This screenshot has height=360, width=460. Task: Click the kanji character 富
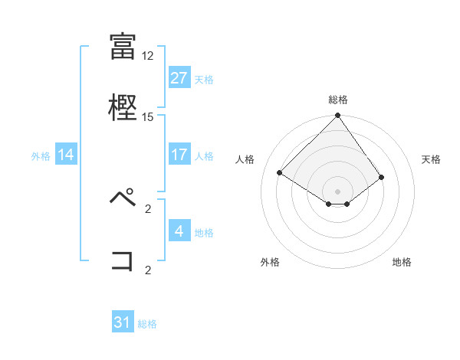(x=123, y=47)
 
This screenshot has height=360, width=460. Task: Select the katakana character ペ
(x=123, y=198)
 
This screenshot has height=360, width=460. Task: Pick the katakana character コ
(x=123, y=260)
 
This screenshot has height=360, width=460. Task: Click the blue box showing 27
(x=179, y=78)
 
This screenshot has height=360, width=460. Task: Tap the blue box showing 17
(x=179, y=155)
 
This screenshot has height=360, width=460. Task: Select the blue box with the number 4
(x=179, y=231)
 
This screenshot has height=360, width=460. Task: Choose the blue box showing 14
(x=66, y=155)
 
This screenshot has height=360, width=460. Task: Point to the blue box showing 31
(x=123, y=323)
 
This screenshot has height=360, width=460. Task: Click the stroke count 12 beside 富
(x=148, y=56)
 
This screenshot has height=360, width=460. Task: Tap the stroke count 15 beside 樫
(x=148, y=117)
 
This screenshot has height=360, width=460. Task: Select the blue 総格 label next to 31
(x=147, y=324)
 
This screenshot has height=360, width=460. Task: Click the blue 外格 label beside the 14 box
(x=41, y=155)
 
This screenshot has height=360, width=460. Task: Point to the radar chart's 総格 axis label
(x=338, y=100)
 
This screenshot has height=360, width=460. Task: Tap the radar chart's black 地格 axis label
(x=402, y=263)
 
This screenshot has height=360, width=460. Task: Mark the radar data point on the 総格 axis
(x=338, y=116)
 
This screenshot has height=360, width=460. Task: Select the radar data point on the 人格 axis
(x=280, y=172)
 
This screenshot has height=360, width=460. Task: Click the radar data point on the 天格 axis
(x=382, y=177)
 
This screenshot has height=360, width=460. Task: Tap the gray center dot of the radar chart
(x=338, y=191)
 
